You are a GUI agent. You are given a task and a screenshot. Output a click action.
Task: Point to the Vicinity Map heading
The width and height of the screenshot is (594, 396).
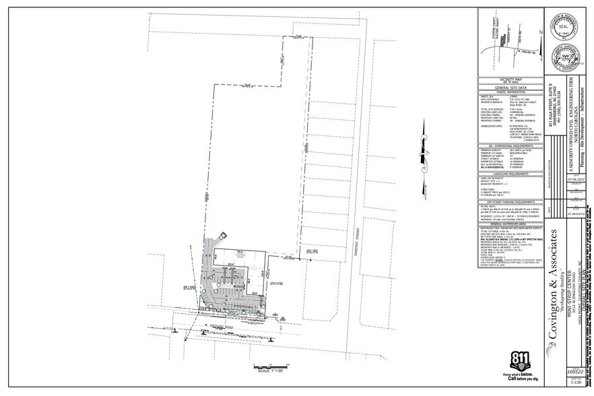click(510, 79)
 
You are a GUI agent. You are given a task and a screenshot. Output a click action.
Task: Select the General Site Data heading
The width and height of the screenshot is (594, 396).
click(510, 88)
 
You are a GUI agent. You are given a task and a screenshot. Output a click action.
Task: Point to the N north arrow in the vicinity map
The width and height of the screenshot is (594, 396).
click(539, 34)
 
